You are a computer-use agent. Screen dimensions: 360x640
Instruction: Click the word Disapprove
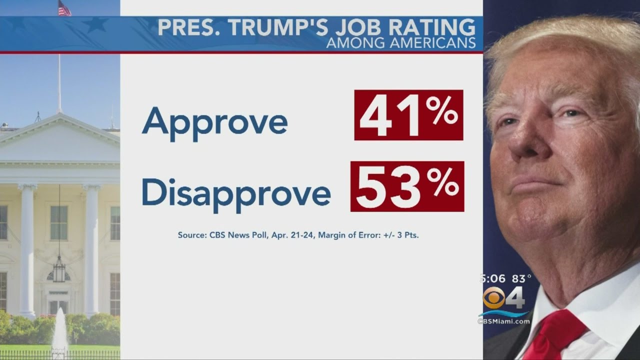[235, 192]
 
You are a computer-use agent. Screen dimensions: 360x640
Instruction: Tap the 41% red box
[408, 115]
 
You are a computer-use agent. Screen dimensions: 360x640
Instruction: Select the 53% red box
[407, 186]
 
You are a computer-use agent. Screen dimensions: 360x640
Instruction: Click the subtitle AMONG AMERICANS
[400, 43]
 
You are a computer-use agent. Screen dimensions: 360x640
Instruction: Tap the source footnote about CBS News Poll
[298, 234]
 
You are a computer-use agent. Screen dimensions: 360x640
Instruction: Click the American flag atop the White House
[64, 8]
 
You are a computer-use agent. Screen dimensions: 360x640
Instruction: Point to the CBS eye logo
[493, 298]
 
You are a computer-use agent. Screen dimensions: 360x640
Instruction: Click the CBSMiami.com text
[503, 321]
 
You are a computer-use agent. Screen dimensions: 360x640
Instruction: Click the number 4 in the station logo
[515, 299]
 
